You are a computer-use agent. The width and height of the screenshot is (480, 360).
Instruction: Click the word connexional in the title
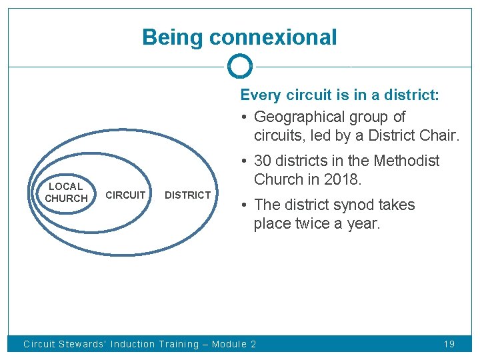(273, 37)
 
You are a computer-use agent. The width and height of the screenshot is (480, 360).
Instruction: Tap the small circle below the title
(240, 67)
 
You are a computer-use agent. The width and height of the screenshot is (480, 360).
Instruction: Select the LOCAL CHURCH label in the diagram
(66, 193)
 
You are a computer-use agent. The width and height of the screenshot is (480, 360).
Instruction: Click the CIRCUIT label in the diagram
(125, 195)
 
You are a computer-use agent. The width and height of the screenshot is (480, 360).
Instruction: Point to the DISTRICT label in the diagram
(187, 195)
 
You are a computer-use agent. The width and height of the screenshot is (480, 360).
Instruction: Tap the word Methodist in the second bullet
(407, 161)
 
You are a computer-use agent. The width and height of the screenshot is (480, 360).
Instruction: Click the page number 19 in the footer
(449, 345)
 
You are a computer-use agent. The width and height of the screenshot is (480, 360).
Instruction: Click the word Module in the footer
(229, 345)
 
